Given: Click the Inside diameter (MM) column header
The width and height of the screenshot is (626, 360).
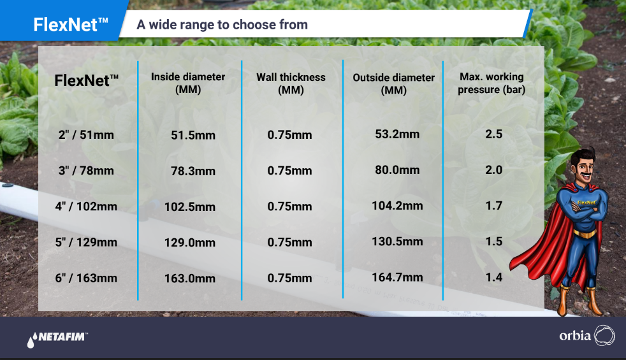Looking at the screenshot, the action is [x=188, y=83].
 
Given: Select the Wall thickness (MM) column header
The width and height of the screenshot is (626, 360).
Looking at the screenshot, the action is [x=291, y=83].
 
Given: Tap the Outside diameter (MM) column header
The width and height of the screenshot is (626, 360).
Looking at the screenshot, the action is [x=394, y=84].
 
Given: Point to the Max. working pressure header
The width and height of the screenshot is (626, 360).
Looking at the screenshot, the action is [x=491, y=83].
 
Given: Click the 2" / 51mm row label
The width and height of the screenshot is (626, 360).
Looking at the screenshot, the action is [x=86, y=135].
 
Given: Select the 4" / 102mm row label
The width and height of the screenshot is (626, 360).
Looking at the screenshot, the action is [x=86, y=206].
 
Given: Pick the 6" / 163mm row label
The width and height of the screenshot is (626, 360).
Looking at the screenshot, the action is [x=86, y=278].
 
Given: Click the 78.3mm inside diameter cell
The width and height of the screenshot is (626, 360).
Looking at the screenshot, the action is [x=193, y=171].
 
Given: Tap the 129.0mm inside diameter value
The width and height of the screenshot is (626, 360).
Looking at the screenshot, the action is [x=190, y=242].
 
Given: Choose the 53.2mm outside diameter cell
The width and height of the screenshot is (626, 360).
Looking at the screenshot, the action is [x=397, y=134].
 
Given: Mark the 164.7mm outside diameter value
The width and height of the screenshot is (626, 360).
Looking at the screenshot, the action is [x=397, y=277].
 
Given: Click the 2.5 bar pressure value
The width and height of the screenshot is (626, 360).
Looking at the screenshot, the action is [x=494, y=134].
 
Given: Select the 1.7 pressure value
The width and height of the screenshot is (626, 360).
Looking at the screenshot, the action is [x=494, y=206].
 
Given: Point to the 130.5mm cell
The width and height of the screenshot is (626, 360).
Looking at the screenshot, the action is [x=397, y=241].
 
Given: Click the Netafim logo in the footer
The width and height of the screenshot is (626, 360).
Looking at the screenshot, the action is [x=57, y=339].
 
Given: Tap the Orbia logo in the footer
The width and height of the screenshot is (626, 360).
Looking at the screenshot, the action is [x=587, y=335].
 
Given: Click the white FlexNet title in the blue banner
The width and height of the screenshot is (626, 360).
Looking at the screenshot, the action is [x=71, y=25].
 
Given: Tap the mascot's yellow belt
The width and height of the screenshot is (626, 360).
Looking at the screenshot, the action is [x=585, y=233].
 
